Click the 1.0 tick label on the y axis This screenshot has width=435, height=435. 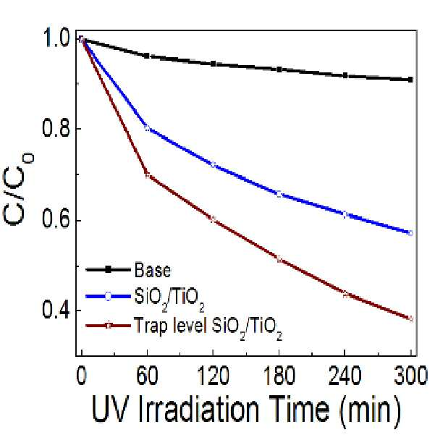tap(56, 38)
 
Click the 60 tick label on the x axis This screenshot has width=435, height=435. tap(147, 376)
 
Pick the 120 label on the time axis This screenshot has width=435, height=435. tap(213, 376)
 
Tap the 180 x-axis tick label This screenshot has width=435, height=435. tap(279, 376)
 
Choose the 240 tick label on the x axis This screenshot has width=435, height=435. tap(345, 376)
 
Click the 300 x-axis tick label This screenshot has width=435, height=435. tap(410, 376)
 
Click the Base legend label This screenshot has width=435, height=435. tap(152, 270)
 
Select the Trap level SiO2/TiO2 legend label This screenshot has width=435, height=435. tap(208, 328)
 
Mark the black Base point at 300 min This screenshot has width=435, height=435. tap(410, 80)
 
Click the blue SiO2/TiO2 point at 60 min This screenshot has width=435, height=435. tap(147, 128)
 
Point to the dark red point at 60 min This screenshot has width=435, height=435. tap(147, 175)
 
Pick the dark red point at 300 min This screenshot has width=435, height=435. tap(410, 318)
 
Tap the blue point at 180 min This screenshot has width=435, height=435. tap(279, 194)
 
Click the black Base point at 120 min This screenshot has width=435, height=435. tap(213, 64)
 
